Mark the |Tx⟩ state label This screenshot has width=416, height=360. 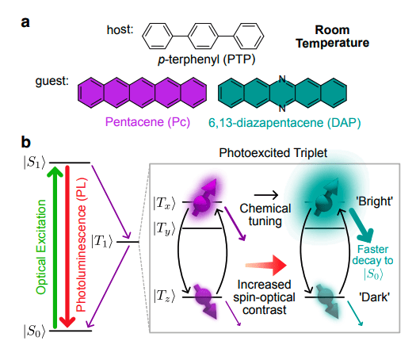click(163, 202)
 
